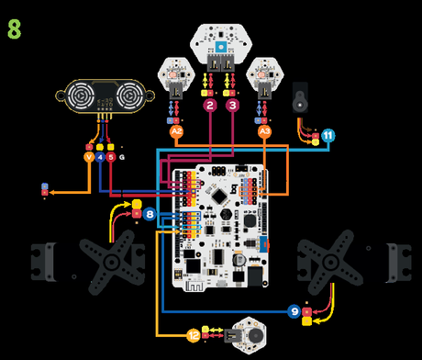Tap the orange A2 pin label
click(177, 132)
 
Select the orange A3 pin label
click(265, 132)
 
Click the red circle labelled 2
click(210, 107)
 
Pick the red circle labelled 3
click(232, 107)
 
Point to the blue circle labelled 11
click(328, 136)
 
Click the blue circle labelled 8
click(150, 217)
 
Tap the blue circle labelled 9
click(294, 311)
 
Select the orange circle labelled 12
click(194, 335)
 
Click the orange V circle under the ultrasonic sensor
click(89, 157)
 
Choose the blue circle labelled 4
click(100, 157)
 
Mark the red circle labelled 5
click(111, 157)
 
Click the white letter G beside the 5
click(123, 157)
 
